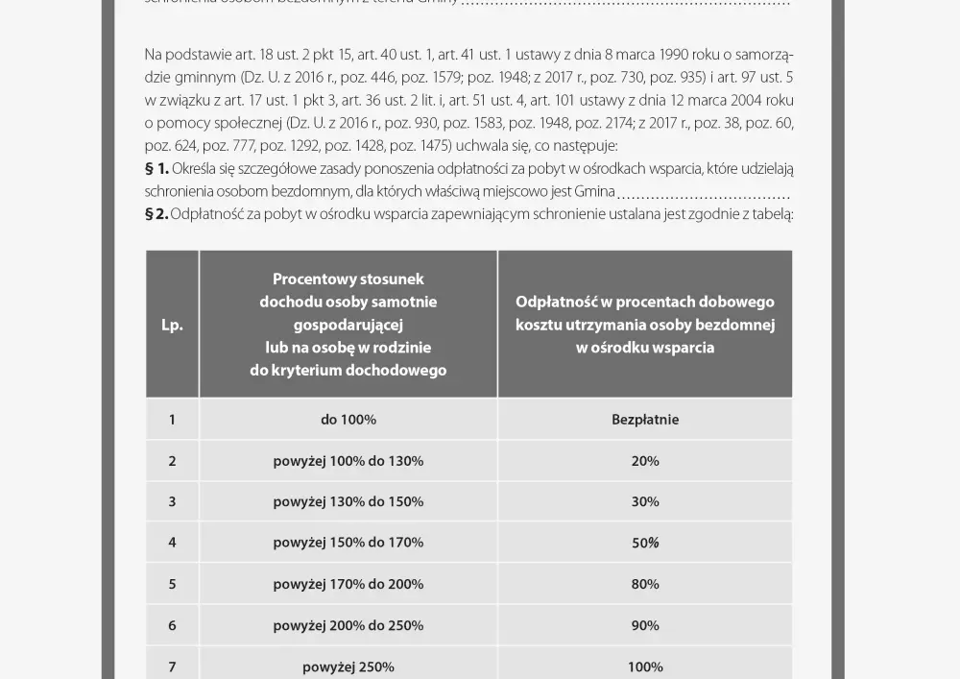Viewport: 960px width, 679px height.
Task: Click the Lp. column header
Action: coord(172,325)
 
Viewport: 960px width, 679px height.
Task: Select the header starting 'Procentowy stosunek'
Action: coord(348,325)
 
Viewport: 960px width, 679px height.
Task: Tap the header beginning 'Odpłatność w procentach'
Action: coord(645,325)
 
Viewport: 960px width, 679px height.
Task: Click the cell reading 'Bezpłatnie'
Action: coord(645,420)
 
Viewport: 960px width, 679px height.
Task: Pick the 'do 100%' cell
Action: coord(348,420)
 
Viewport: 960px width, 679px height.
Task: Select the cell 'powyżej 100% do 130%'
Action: coord(348,461)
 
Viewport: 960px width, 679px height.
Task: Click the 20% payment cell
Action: coord(645,461)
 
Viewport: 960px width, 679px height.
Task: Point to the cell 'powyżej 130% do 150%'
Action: coord(348,501)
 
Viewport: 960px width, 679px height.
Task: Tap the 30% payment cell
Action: coord(645,501)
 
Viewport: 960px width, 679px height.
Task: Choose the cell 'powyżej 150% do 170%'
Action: coord(348,543)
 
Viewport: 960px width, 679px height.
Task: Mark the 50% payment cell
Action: coord(645,543)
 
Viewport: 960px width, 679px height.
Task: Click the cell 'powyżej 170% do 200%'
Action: coord(348,584)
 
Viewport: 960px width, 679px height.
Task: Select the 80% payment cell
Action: coord(645,584)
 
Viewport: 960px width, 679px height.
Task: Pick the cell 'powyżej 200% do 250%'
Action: coord(348,625)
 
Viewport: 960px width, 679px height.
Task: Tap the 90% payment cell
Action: coord(645,625)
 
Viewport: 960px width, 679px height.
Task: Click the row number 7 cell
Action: coord(172,667)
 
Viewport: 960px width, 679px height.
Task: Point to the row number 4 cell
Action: coord(172,543)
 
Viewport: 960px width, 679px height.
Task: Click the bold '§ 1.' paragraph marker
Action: coord(156,169)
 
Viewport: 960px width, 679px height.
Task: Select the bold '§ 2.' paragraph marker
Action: coord(156,213)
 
